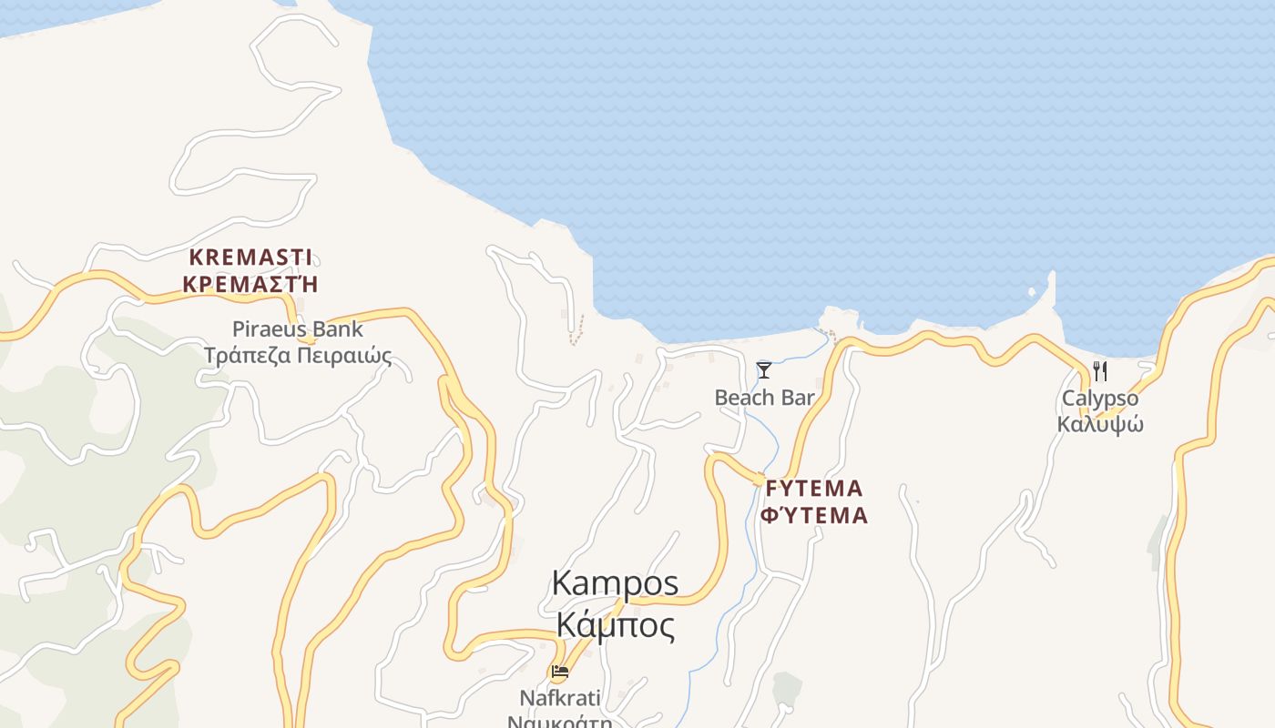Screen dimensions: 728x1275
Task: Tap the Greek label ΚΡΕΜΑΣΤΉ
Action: coord(250,283)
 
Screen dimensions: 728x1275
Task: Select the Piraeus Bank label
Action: coord(297,329)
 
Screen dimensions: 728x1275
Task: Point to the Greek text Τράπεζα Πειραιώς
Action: coord(297,355)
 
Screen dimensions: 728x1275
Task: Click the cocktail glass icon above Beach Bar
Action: coord(764,369)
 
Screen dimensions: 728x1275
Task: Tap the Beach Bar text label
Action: coord(764,398)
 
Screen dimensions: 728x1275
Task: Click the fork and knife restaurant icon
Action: coord(1100,370)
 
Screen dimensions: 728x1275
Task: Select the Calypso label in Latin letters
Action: coord(1100,398)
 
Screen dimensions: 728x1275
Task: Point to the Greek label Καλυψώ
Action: coord(1100,424)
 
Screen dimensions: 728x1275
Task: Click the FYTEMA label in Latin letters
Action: coord(814,488)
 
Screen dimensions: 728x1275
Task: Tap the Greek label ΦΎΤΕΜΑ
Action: coord(814,516)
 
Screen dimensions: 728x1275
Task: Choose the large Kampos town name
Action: coord(616,583)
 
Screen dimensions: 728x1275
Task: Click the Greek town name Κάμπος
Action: coord(616,626)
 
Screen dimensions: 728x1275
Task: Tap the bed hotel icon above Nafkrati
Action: coord(560,672)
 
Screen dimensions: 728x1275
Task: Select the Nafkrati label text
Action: coord(560,698)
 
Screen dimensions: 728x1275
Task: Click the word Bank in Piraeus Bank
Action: coord(337,329)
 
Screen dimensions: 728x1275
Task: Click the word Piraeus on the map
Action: coord(270,329)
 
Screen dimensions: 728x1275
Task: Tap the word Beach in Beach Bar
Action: coord(744,398)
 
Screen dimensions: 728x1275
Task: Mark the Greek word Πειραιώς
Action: coord(347,355)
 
